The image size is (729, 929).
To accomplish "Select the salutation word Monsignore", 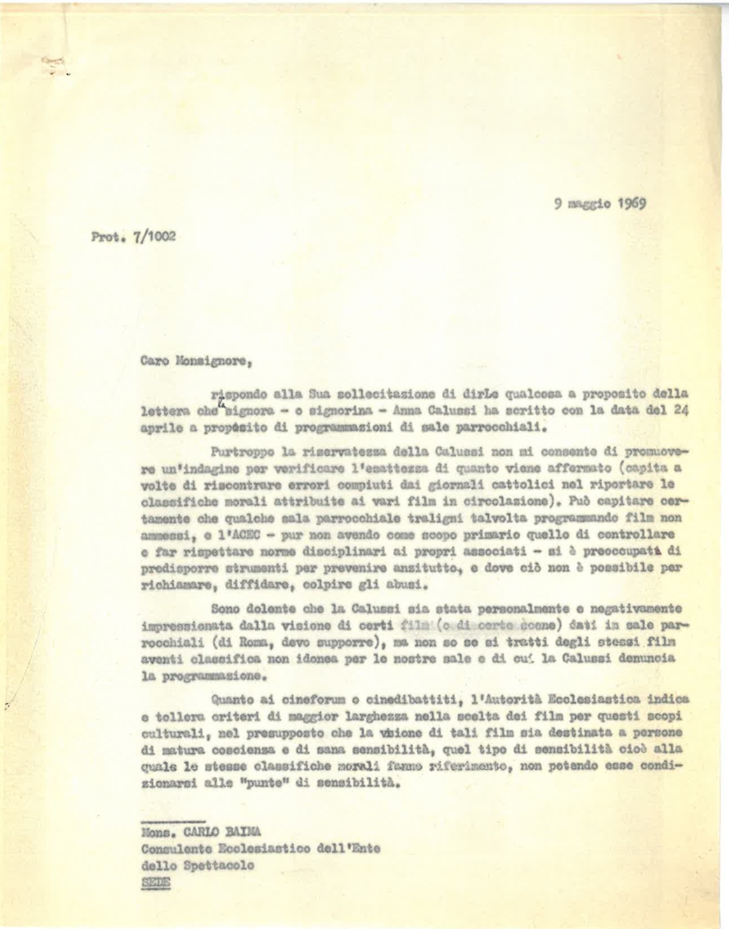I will click(x=205, y=362).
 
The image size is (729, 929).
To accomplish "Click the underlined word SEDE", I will click(x=156, y=883).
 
